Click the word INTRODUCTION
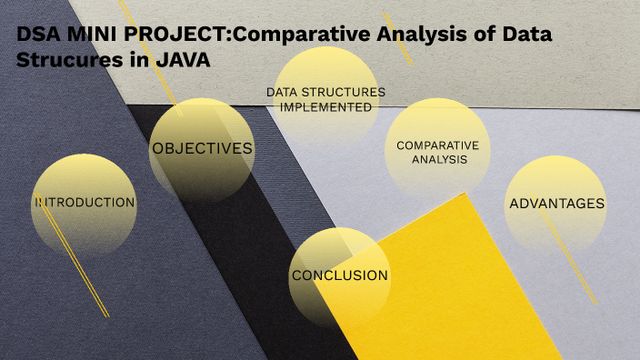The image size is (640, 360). click(x=85, y=202)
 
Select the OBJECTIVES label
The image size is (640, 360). click(x=202, y=148)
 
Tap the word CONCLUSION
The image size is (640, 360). click(x=339, y=275)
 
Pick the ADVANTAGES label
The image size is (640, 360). click(x=556, y=203)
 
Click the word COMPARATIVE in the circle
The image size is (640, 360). click(x=437, y=145)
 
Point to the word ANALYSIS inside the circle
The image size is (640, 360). click(x=438, y=159)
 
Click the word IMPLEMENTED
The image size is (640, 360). click(x=325, y=106)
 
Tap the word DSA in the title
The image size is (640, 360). click(x=37, y=35)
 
